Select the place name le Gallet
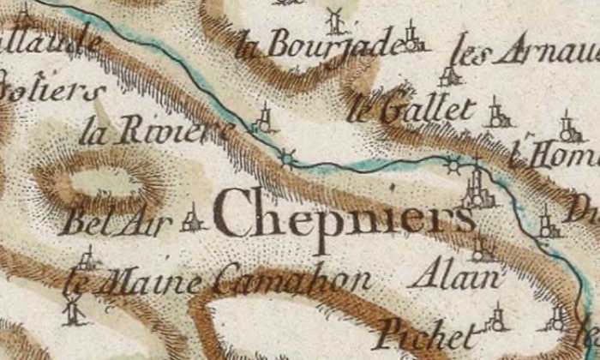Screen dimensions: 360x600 pyautogui.click(x=413, y=109)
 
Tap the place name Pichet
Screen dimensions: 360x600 pyautogui.click(x=425, y=332)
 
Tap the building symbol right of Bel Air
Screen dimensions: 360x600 pyautogui.click(x=193, y=219)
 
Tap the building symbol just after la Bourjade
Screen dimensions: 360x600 pyautogui.click(x=415, y=36)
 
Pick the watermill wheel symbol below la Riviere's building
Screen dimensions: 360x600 pyautogui.click(x=287, y=158)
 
